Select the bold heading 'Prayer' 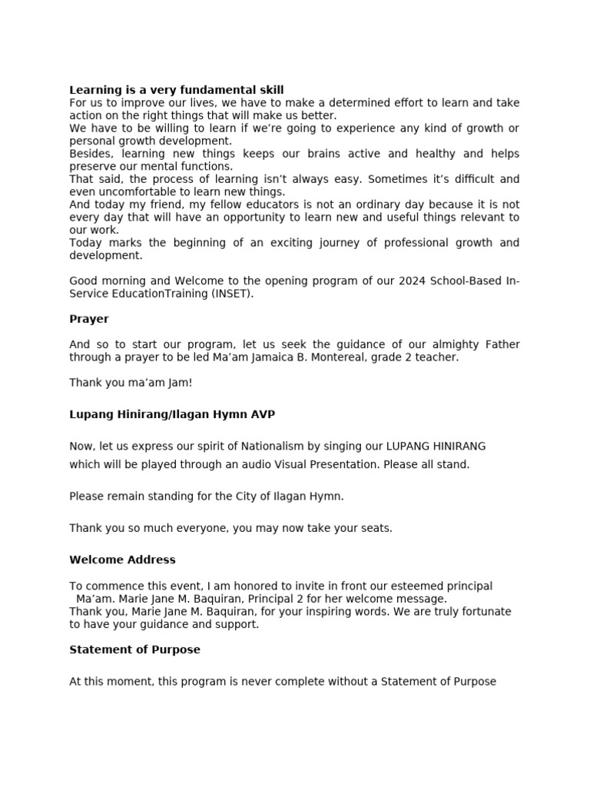click(89, 319)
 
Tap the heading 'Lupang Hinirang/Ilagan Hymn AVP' click(172, 414)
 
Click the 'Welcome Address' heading click(122, 560)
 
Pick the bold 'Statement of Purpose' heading click(134, 649)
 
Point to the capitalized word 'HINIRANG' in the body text click(460, 446)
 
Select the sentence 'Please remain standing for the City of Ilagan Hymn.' click(207, 496)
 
